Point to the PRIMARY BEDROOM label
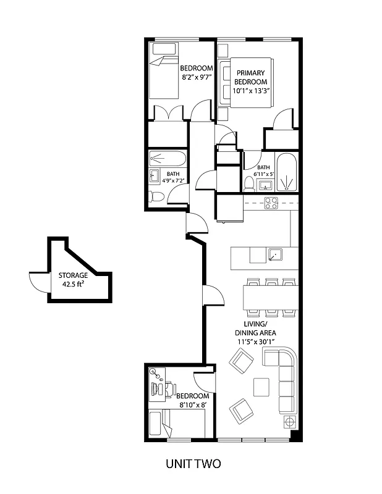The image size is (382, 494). click(x=250, y=77)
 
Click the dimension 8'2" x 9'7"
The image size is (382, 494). click(x=197, y=78)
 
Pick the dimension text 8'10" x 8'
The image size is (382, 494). click(x=193, y=405)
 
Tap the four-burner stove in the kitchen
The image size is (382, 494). click(x=271, y=203)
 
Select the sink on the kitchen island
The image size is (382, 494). click(x=275, y=254)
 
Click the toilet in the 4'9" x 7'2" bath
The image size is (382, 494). click(x=156, y=196)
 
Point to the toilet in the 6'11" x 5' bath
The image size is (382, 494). click(x=248, y=183)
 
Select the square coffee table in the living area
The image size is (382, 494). click(x=261, y=387)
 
